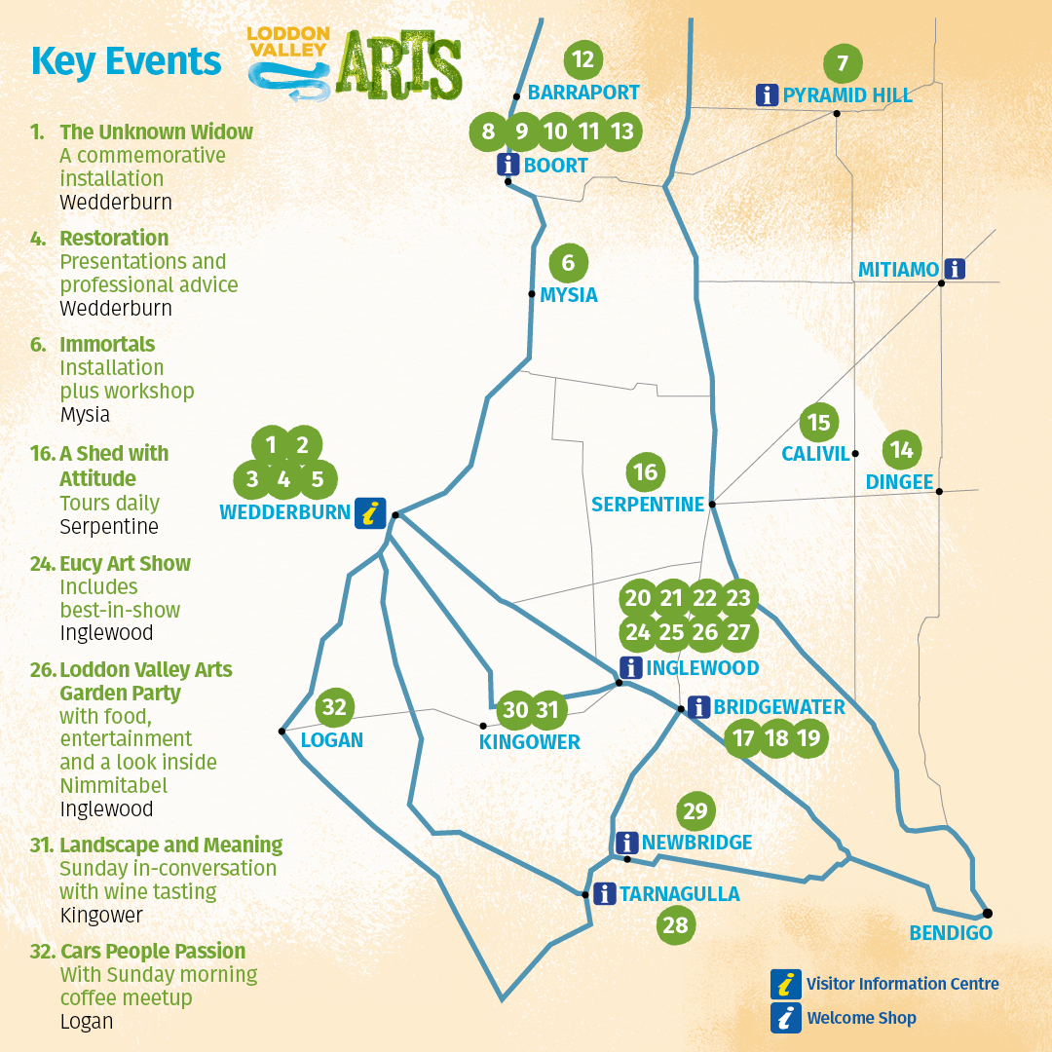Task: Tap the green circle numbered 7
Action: [x=843, y=64]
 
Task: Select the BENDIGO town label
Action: [x=951, y=933]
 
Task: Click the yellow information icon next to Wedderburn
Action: [x=367, y=512]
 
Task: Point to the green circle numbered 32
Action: [x=334, y=706]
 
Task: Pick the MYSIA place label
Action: [x=569, y=295]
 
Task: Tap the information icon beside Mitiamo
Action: [x=956, y=269]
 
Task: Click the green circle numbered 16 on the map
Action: [x=645, y=472]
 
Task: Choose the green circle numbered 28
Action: [x=675, y=924]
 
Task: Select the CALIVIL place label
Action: [x=815, y=454]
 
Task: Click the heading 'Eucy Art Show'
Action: [x=125, y=564]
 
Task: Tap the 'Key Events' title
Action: [x=127, y=61]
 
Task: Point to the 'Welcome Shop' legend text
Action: [x=861, y=1018]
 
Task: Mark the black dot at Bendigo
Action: [x=987, y=913]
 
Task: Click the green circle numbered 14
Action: [x=902, y=450]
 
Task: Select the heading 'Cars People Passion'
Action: [x=152, y=952]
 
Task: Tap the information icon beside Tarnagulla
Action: [x=604, y=893]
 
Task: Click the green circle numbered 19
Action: [x=808, y=738]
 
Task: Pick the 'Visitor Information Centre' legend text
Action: [x=902, y=984]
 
